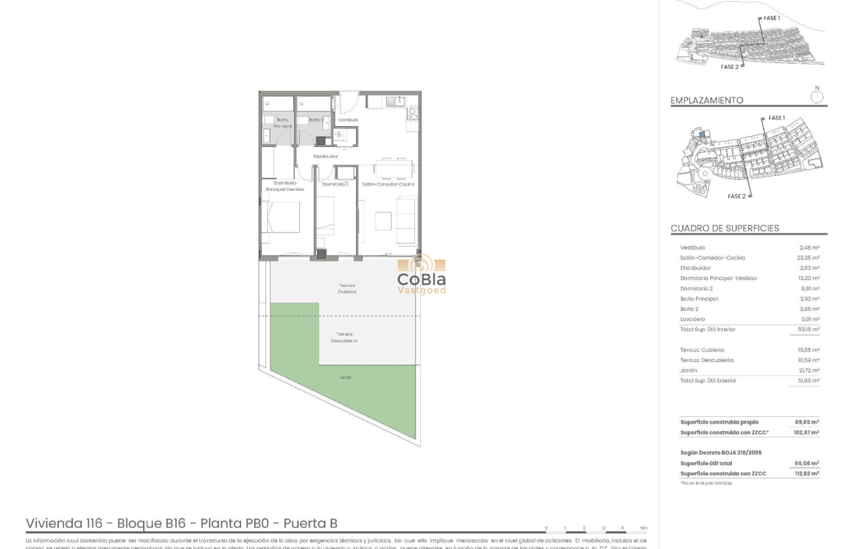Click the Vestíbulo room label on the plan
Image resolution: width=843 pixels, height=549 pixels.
(348, 120)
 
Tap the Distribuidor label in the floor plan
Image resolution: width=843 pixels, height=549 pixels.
(325, 157)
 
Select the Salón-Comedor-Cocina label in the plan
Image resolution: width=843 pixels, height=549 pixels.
(388, 184)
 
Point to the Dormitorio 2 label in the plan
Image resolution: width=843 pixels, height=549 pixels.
(335, 184)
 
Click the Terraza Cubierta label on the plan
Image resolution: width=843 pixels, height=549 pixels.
(347, 288)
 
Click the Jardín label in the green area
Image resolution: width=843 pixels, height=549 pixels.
(345, 378)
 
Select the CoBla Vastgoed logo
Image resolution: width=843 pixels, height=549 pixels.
(421, 275)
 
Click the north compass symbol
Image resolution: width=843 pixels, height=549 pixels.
(817, 96)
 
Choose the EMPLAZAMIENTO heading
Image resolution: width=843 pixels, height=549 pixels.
(706, 101)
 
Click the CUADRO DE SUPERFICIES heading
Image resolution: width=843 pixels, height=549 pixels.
(725, 228)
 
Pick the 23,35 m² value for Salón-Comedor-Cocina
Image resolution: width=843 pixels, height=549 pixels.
(809, 258)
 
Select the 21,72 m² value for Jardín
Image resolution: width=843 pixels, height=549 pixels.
(809, 371)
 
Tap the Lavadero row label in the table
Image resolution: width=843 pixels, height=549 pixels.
(692, 320)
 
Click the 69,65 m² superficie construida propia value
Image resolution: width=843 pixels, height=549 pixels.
(807, 422)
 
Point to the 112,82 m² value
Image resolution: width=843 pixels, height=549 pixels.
(807, 473)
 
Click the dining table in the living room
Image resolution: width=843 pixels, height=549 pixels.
(393, 169)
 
